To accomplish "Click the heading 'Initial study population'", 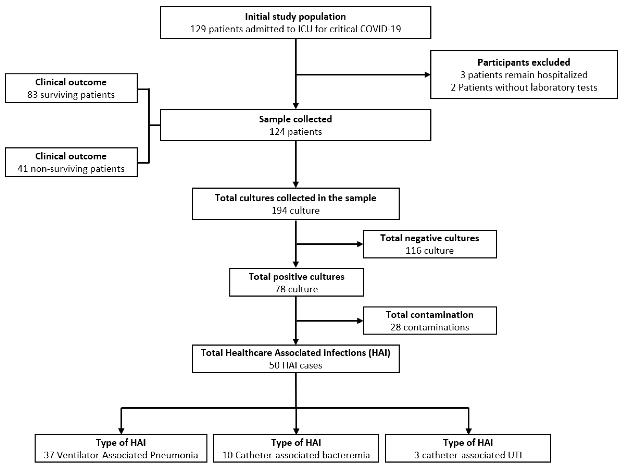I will (295, 17).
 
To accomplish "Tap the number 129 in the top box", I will (198, 29).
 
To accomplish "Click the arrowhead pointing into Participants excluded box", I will (427, 75).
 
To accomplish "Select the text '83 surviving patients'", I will (71, 95).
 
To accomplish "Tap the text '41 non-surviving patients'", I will (71, 169).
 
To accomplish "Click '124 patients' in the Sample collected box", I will (295, 132).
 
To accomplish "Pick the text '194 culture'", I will (295, 210).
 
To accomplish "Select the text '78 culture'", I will (296, 289).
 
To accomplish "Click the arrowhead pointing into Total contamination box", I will (360, 321).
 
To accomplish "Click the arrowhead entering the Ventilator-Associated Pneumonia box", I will (121, 431).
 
